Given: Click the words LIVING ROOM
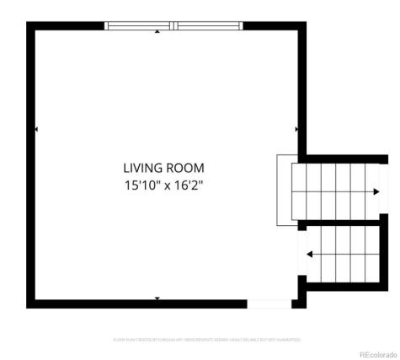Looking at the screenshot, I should [163, 168].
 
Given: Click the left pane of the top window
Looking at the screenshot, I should [140, 26].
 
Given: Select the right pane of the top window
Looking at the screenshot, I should [208, 26].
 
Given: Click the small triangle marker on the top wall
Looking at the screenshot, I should [157, 33].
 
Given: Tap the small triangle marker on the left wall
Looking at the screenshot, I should [35, 129].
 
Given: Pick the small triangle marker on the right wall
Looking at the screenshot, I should [296, 129].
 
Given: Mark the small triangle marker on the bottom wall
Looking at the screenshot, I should [157, 298].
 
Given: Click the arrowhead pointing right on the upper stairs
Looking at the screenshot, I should [375, 191].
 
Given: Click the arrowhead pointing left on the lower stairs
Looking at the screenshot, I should [311, 253].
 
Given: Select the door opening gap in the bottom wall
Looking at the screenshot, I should [268, 304].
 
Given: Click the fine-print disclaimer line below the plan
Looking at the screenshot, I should [206, 340].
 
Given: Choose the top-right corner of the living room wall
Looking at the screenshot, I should [301, 26].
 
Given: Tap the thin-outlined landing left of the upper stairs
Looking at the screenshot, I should [285, 190].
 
